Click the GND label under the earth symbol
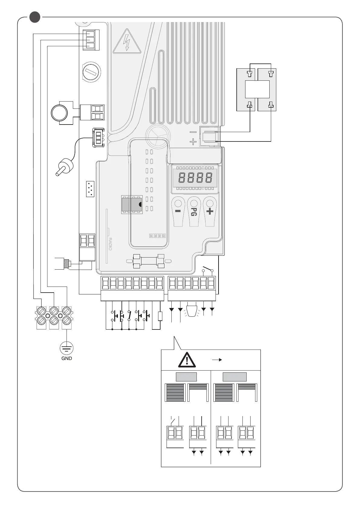pyautogui.click(x=66, y=358)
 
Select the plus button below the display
pyautogui.click(x=210, y=211)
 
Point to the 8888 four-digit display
pyautogui.click(x=195, y=178)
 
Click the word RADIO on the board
pyautogui.click(x=110, y=244)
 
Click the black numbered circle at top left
pyautogui.click(x=35, y=17)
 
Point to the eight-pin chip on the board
pyautogui.click(x=132, y=205)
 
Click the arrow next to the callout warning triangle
pyautogui.click(x=217, y=360)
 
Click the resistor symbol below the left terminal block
pyautogui.click(x=160, y=316)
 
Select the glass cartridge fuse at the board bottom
pyautogui.click(x=148, y=261)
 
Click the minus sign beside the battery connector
pyautogui.click(x=193, y=132)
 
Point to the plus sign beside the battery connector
pyautogui.click(x=193, y=141)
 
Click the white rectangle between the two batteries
pyautogui.click(x=257, y=89)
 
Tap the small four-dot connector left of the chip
pyautogui.click(x=90, y=189)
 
